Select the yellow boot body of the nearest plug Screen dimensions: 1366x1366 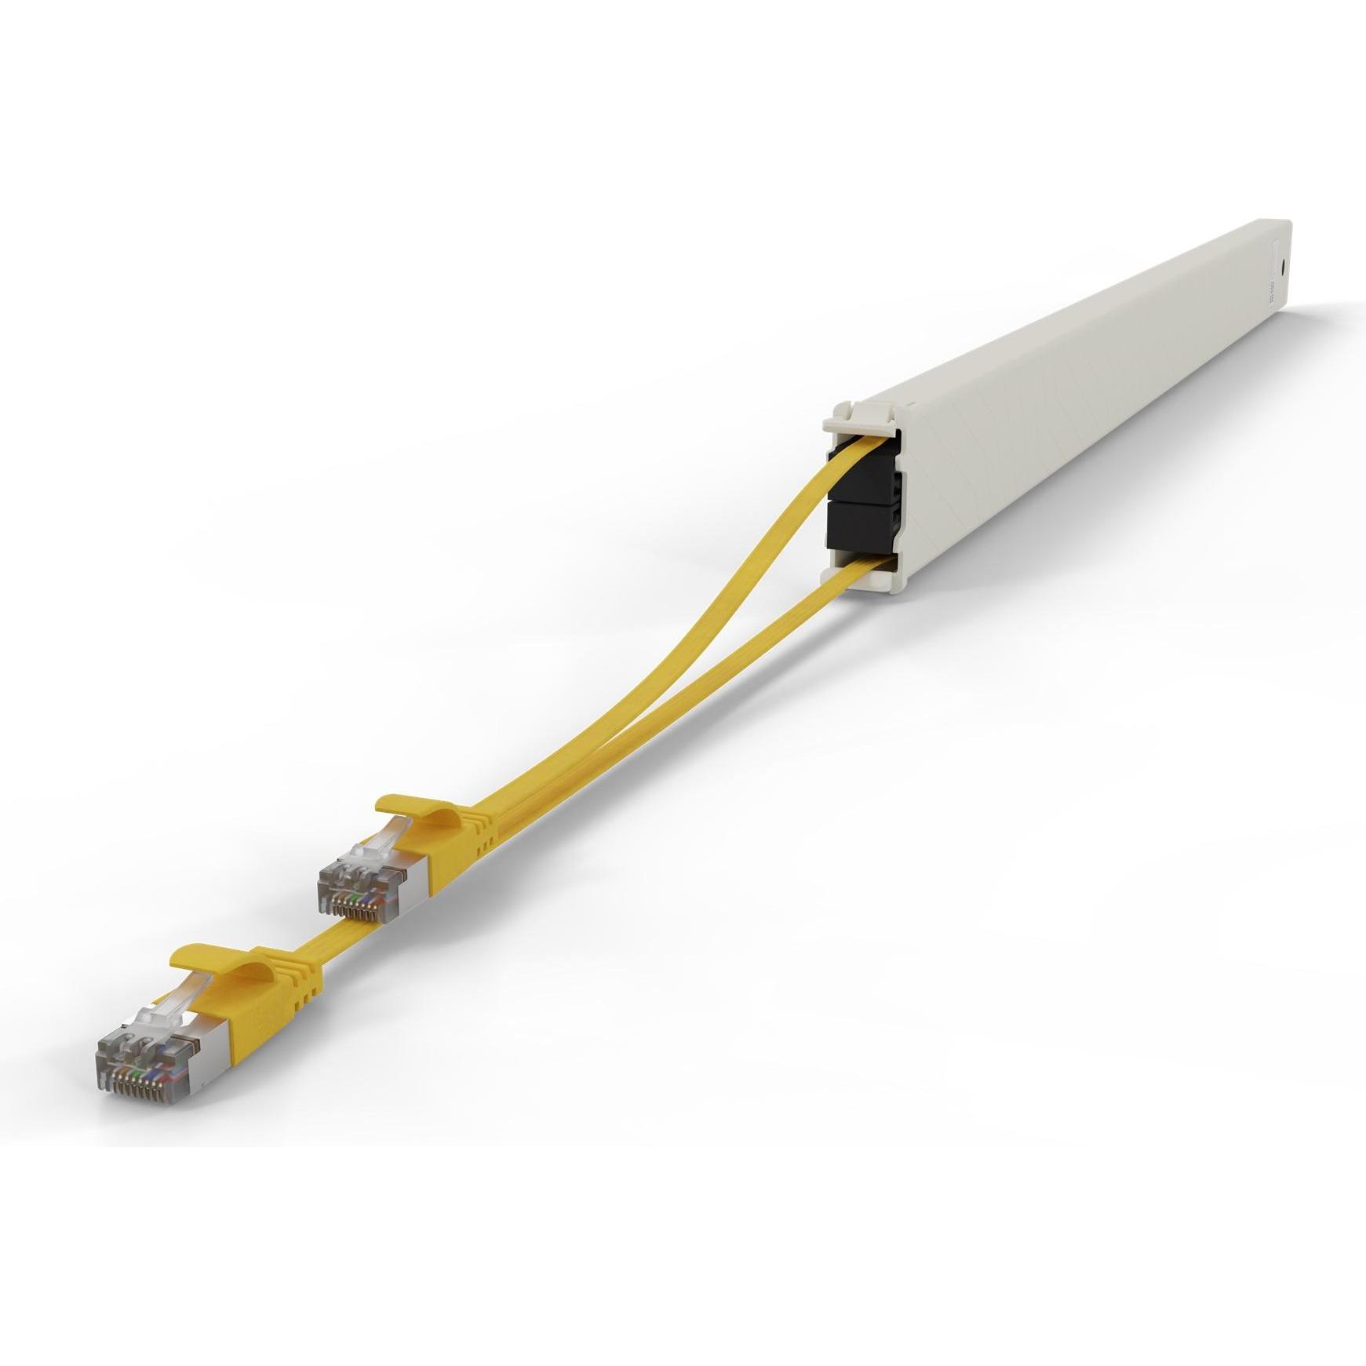(267, 996)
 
